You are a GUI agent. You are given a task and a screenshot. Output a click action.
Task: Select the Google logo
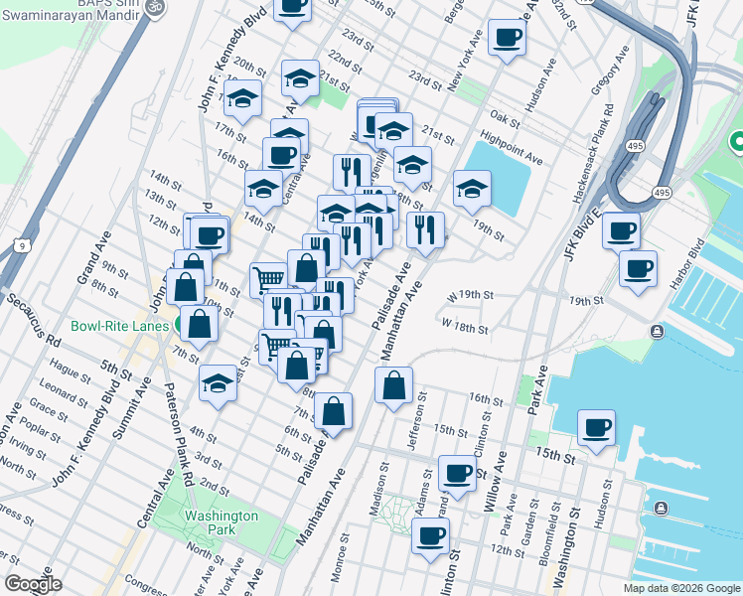[34, 584]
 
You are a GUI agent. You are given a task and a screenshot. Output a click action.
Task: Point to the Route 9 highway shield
[21, 244]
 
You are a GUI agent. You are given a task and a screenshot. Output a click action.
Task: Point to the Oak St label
[504, 119]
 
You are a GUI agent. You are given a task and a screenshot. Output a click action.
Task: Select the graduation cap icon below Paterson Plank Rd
[218, 381]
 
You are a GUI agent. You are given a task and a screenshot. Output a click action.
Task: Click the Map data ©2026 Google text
[680, 588]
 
